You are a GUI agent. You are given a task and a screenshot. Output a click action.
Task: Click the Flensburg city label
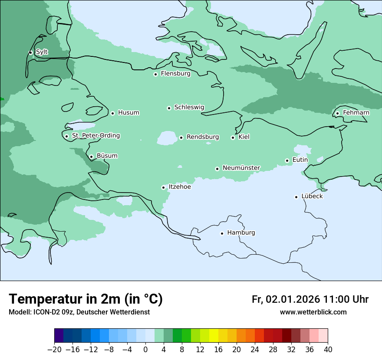pyautogui.click(x=175, y=74)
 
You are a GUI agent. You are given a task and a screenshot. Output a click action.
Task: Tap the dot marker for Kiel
pyautogui.click(x=233, y=137)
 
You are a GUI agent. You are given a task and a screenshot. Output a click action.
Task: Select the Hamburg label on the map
pyautogui.click(x=241, y=233)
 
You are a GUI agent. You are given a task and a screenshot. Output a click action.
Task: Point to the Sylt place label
pyautogui.click(x=42, y=52)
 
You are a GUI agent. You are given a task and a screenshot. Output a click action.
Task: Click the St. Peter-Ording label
pyautogui.click(x=95, y=136)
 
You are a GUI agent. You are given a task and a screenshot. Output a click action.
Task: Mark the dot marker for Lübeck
pyautogui.click(x=296, y=197)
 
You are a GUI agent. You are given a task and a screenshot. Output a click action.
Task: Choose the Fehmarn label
pyautogui.click(x=356, y=113)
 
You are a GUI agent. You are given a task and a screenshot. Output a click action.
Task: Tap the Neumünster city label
pyautogui.click(x=241, y=168)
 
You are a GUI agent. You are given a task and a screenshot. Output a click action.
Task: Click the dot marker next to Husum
pyautogui.click(x=112, y=113)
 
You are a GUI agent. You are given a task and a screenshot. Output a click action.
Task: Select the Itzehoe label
pyautogui.click(x=180, y=187)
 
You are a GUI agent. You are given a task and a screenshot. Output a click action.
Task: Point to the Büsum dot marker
pyautogui.click(x=91, y=157)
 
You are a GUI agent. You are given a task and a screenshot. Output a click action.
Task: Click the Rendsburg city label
pyautogui.click(x=203, y=137)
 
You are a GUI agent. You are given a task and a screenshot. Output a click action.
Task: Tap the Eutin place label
pyautogui.click(x=300, y=160)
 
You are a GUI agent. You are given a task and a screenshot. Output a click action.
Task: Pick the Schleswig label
pyautogui.click(x=189, y=107)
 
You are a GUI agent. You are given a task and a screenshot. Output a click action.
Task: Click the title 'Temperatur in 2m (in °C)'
pyautogui.click(x=86, y=299)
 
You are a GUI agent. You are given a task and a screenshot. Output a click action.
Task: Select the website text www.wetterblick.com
pyautogui.click(x=313, y=312)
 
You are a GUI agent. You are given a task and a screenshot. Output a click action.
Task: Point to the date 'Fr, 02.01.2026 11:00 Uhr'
pyautogui.click(x=310, y=299)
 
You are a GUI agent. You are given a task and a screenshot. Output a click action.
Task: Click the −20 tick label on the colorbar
pyautogui.click(x=54, y=350)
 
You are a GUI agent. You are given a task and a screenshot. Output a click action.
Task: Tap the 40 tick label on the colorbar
pyautogui.click(x=328, y=350)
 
